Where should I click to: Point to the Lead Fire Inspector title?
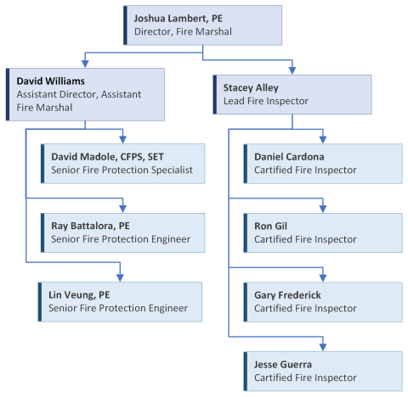pos(265,101)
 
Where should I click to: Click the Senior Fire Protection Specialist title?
pos(122,170)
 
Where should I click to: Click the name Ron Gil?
pos(271,226)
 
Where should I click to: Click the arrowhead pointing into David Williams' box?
pos(83,64)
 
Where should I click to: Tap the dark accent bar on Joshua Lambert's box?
pos(125,25)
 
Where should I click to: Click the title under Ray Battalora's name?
pos(120,239)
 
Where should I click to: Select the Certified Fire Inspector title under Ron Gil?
pos(305,239)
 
